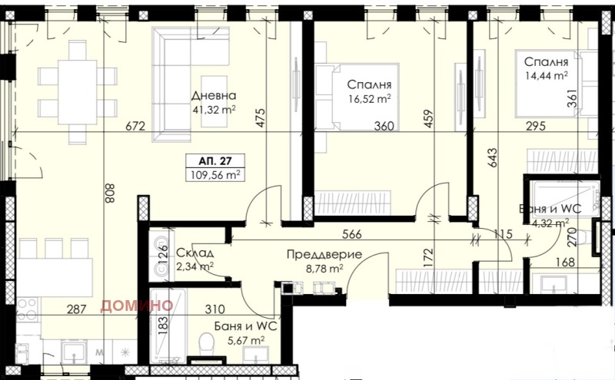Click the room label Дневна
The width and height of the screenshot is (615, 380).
pos(214,96)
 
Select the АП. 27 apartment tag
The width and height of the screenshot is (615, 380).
pos(211,161)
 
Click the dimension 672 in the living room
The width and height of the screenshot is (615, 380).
pos(137,127)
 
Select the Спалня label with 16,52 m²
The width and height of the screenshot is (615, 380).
pos(370,84)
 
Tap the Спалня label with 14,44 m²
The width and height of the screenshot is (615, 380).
pos(546,61)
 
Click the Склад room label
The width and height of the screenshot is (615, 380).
pos(190,253)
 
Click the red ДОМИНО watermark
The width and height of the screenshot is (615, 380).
pos(136,305)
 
